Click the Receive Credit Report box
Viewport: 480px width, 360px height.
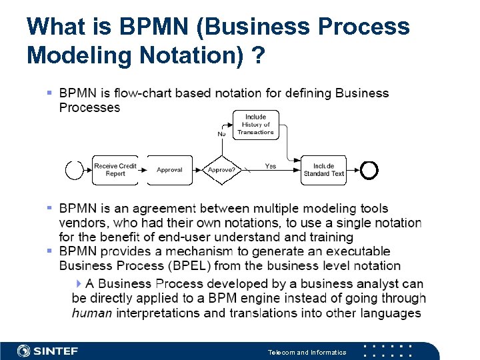pos(115,170)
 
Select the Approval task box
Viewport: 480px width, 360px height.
pos(169,170)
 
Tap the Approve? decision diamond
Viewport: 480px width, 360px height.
pos(221,170)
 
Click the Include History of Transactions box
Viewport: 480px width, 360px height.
pos(255,125)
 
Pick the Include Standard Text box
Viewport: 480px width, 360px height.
pos(324,170)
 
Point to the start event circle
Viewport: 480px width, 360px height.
pos(74,170)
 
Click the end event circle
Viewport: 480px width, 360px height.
pos(369,171)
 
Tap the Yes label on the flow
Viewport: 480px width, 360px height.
pos(271,166)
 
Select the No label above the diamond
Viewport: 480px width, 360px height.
pos(221,134)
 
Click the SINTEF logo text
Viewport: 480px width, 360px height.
pos(56,351)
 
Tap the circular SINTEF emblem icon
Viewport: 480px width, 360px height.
pos(24,351)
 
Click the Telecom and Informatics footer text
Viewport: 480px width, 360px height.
pos(307,352)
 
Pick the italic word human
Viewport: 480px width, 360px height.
pos(91,313)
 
